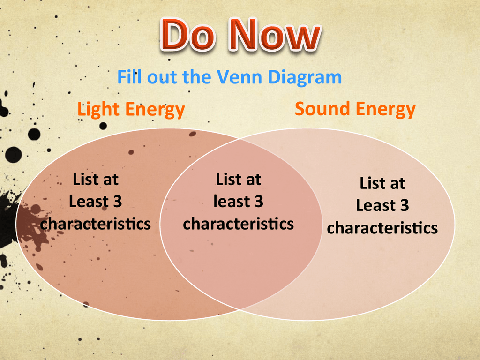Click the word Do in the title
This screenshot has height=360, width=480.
click(x=187, y=35)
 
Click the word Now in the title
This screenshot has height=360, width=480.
click(x=275, y=35)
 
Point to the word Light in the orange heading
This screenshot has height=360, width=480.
click(x=98, y=110)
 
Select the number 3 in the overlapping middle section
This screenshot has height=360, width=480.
click(x=259, y=202)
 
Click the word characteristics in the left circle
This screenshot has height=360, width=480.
click(x=95, y=224)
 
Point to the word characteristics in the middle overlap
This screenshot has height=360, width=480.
click(x=238, y=224)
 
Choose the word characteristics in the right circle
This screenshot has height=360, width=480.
click(x=382, y=228)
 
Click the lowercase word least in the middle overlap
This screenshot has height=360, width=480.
click(x=231, y=202)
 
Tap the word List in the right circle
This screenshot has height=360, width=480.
click(x=372, y=183)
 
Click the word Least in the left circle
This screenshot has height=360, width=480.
click(x=89, y=202)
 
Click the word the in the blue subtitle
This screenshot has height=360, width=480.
click(x=197, y=77)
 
